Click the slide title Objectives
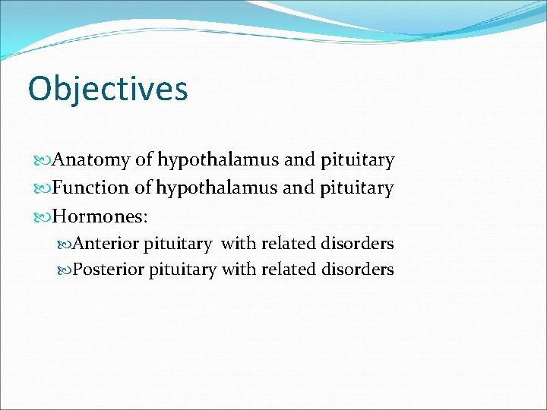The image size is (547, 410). click(x=107, y=89)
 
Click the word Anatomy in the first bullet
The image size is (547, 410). click(x=92, y=160)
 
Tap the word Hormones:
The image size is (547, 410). click(x=101, y=216)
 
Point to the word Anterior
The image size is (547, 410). click(x=106, y=244)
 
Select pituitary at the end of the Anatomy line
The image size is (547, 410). click(x=357, y=161)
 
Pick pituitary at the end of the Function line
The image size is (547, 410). click(x=357, y=188)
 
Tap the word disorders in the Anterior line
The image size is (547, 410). click(x=358, y=244)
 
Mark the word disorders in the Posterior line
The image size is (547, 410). click(x=358, y=270)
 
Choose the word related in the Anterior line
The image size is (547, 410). click(x=289, y=244)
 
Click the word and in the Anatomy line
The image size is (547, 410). click(x=299, y=160)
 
